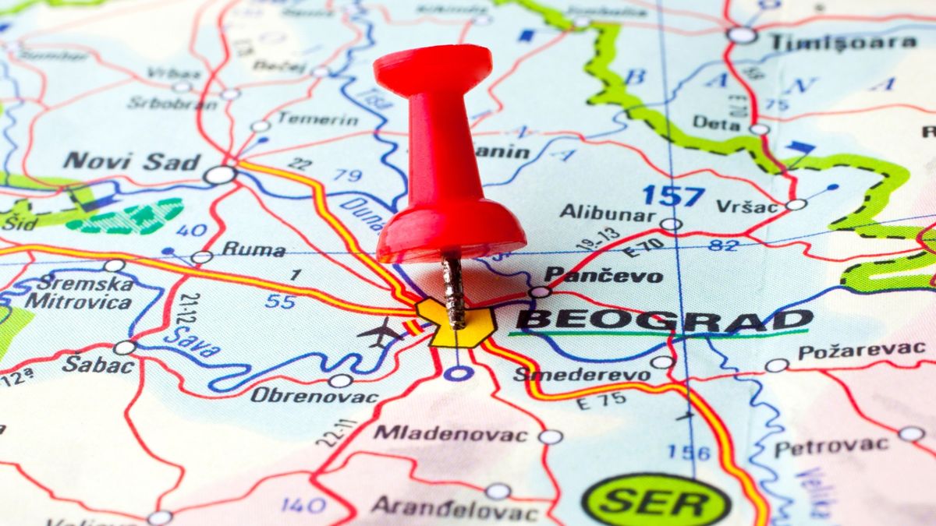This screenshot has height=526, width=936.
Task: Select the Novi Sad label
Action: [x=132, y=162]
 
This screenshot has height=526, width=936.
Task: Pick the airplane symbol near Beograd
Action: [x=380, y=334]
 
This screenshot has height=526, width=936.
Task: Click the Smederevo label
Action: [x=581, y=374]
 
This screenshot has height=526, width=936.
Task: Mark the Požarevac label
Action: [x=861, y=351]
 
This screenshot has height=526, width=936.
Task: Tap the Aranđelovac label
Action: [x=454, y=508]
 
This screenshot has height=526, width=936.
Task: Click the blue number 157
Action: [x=673, y=195]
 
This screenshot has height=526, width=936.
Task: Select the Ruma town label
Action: [x=253, y=250]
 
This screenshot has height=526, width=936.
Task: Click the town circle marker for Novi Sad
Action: [x=220, y=175]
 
